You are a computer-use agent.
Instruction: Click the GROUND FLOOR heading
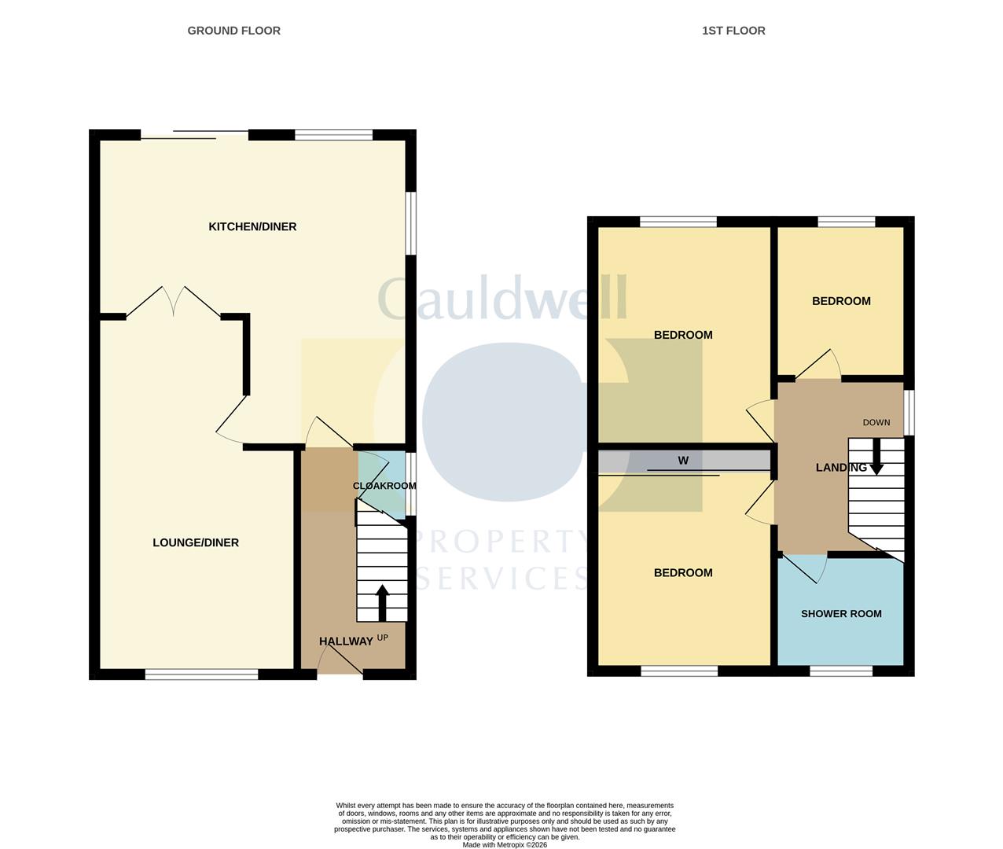point(233,31)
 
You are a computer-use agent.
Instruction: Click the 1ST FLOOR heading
point(733,31)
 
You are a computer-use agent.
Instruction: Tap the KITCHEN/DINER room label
point(252,226)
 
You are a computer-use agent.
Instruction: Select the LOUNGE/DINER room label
point(196,542)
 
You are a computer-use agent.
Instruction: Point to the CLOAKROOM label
point(384,486)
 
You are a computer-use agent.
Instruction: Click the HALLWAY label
point(346,641)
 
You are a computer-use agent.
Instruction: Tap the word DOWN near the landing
point(876,422)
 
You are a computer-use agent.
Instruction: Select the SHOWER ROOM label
point(841,614)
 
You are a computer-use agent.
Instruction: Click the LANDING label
point(841,468)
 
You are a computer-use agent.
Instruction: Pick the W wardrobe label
point(683,461)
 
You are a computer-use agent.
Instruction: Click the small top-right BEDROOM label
point(841,301)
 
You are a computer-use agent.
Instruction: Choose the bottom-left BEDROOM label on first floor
point(683,573)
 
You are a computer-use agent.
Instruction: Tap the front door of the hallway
point(340,664)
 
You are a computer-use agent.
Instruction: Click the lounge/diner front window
point(202,674)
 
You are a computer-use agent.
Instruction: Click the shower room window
point(841,671)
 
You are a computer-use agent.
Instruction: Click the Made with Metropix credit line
point(505,845)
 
